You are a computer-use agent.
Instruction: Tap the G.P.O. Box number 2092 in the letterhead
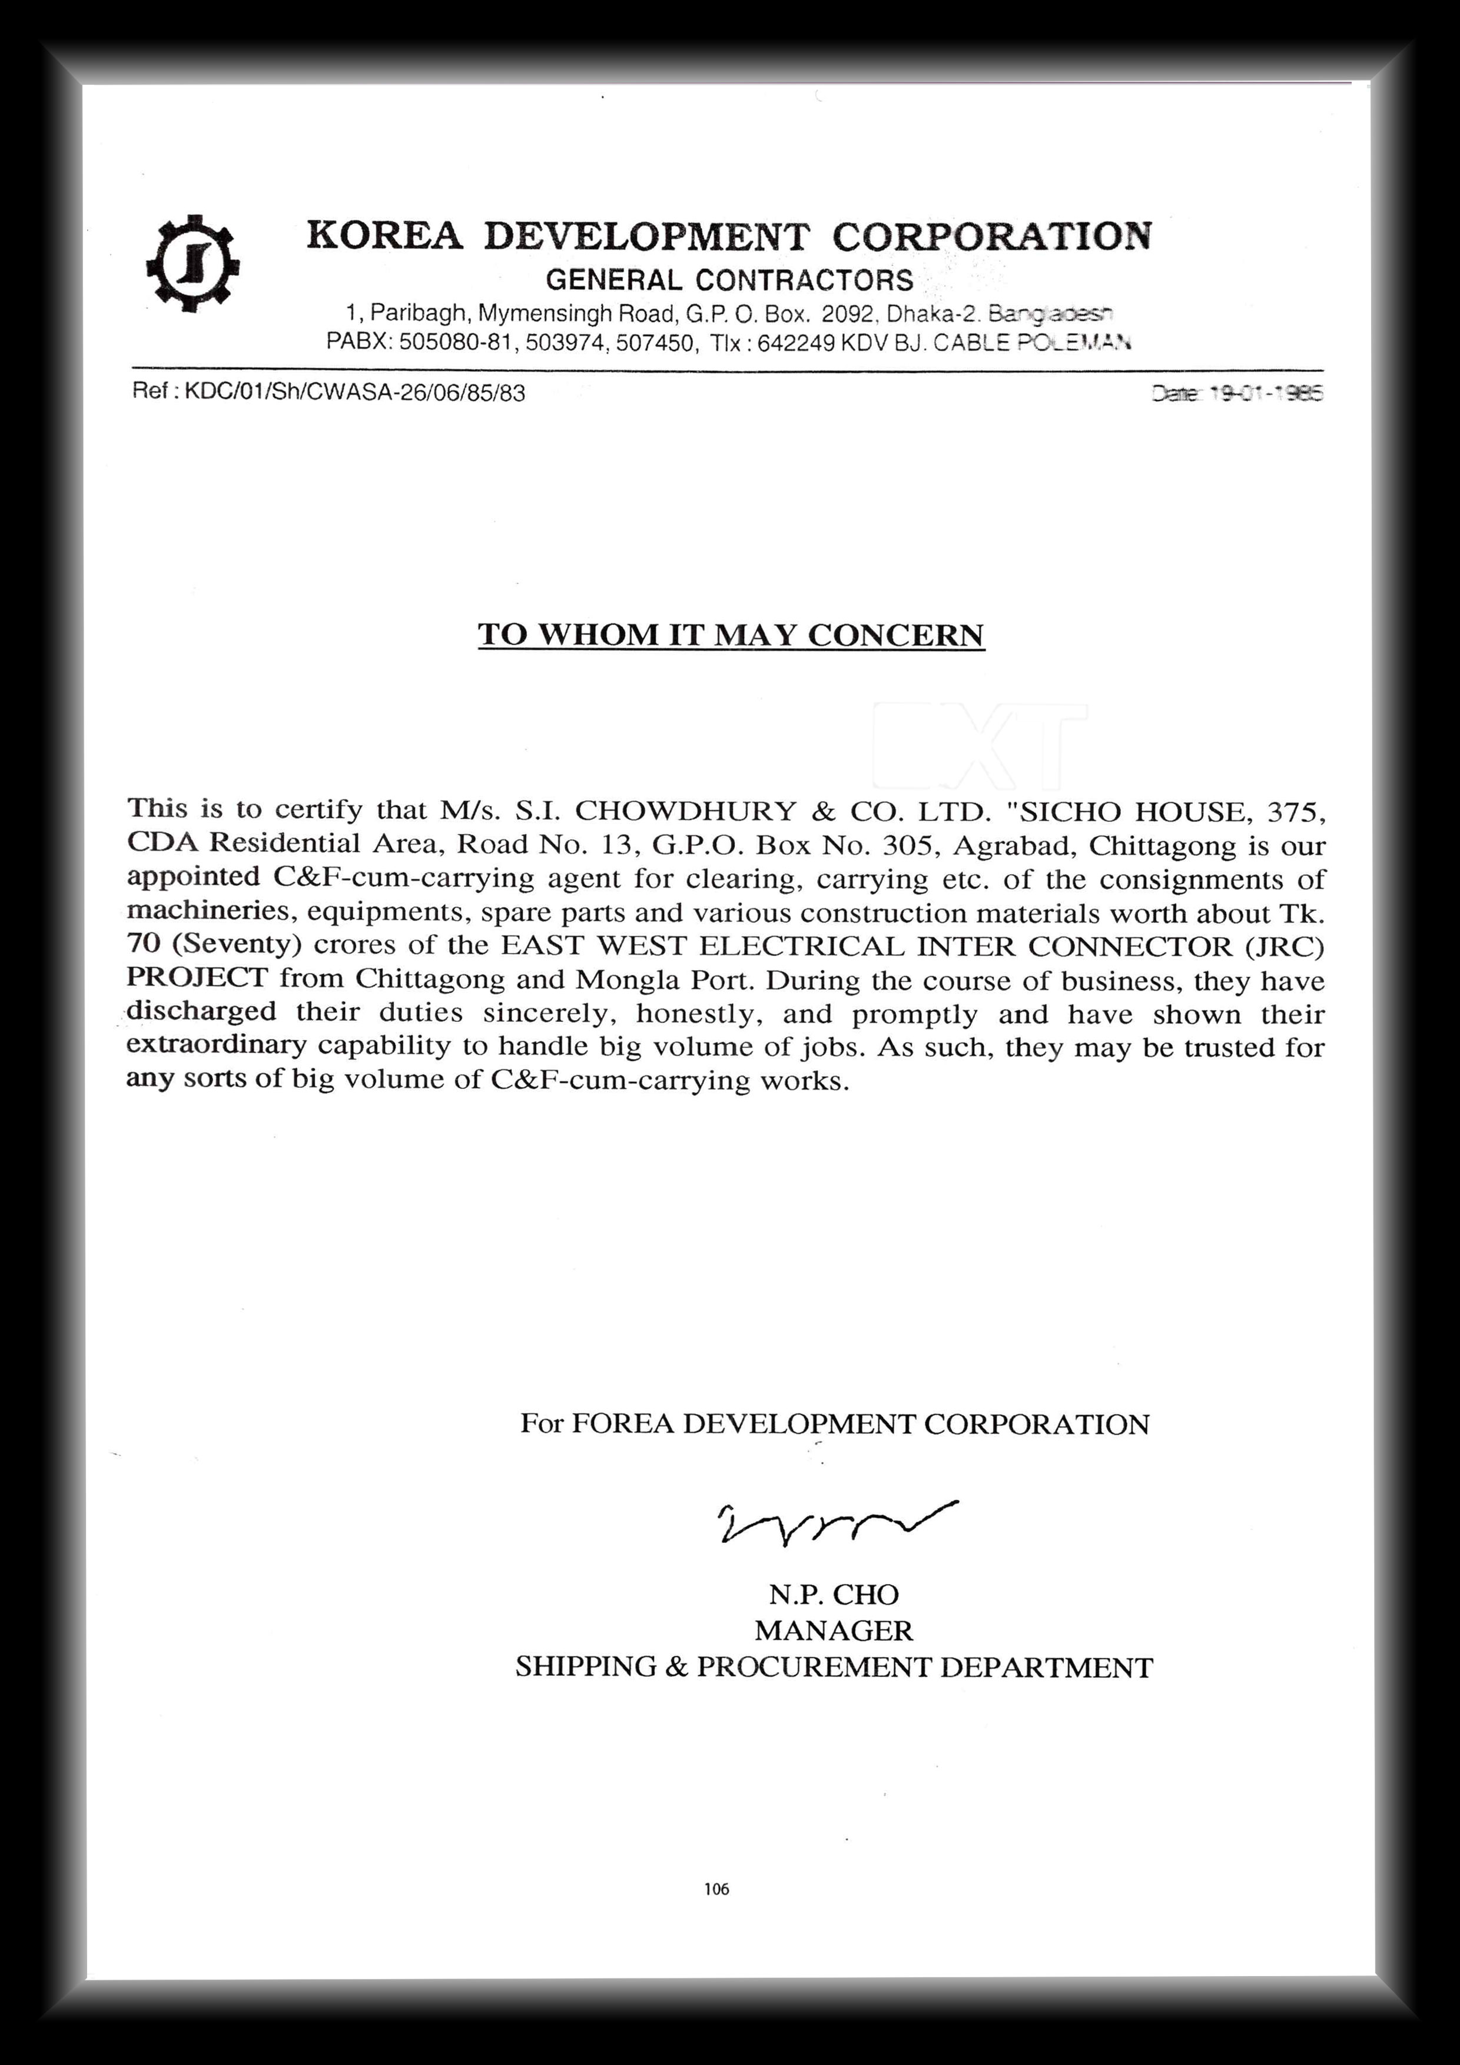click(847, 314)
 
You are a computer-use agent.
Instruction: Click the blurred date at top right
click(1237, 393)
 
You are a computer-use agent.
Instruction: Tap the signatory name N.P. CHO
click(833, 1595)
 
